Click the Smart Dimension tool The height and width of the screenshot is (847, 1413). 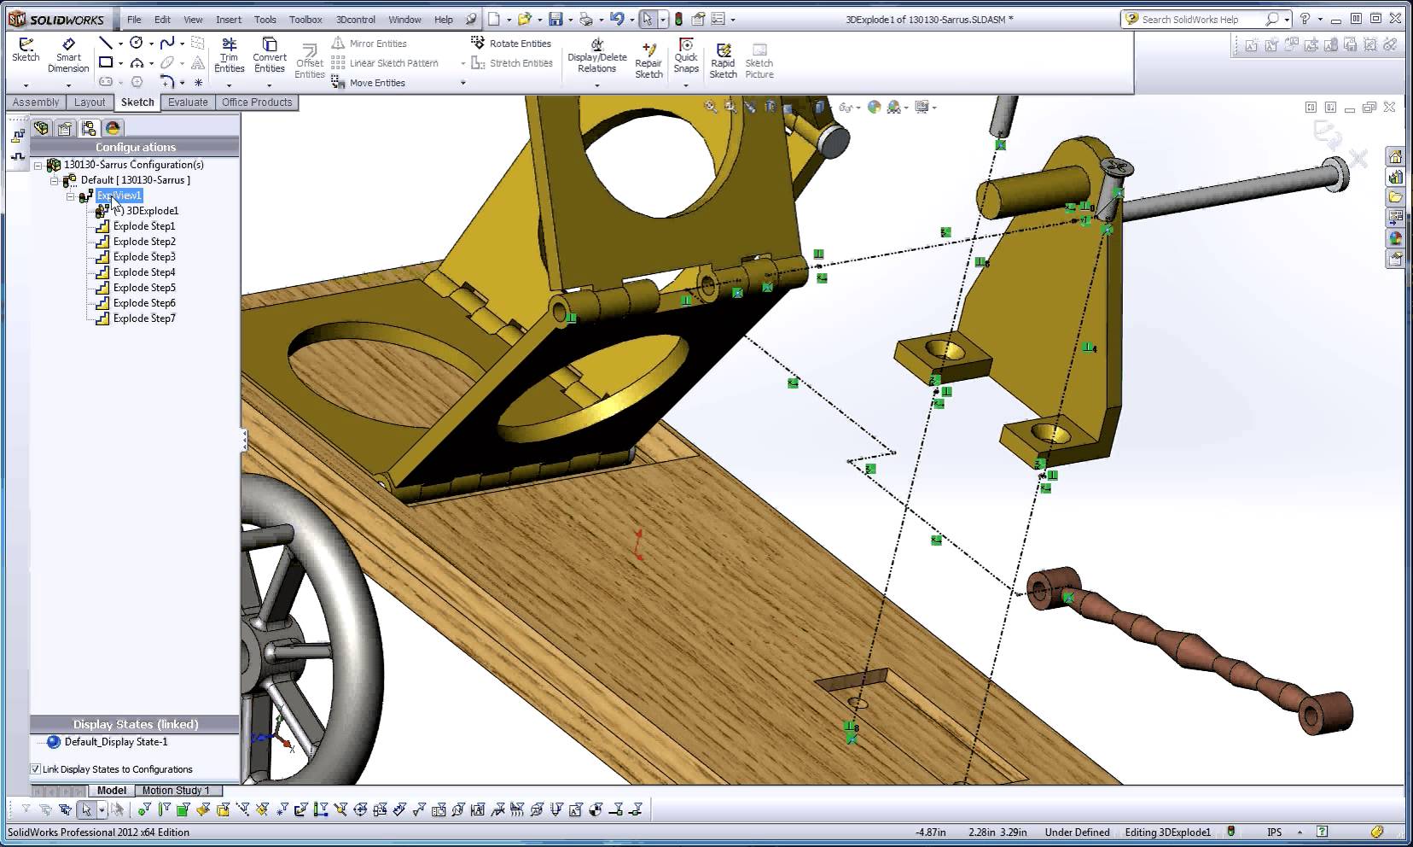68,55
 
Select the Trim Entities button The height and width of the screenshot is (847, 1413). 229,55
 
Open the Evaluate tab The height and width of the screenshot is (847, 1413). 188,102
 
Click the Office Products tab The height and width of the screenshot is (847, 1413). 257,102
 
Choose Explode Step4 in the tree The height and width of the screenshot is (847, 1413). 143,272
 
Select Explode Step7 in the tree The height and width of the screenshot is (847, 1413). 143,318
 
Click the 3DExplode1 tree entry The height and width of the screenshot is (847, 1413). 152,211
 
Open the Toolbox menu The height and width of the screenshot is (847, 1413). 305,20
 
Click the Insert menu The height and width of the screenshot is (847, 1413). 229,20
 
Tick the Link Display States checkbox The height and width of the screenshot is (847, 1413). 36,769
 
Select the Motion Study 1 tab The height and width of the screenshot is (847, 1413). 176,791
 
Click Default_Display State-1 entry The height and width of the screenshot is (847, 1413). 116,742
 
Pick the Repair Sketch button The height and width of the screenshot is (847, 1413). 648,60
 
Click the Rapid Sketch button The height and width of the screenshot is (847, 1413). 723,60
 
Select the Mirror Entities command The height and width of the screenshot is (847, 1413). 378,44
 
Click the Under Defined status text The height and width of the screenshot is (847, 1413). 1077,832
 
